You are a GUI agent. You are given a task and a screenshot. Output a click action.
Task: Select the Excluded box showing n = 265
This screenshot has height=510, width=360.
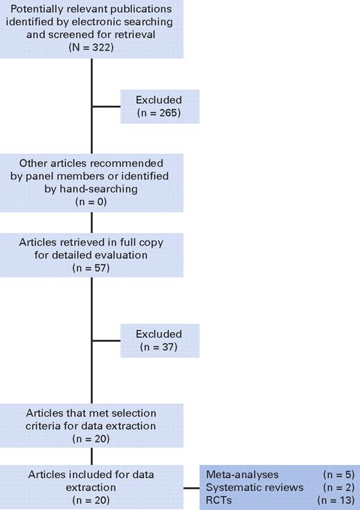coord(159,106)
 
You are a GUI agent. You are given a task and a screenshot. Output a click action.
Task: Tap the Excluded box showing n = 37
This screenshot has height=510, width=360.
coord(159,340)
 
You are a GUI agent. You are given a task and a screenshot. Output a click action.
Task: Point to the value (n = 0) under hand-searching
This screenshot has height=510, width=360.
coord(92,201)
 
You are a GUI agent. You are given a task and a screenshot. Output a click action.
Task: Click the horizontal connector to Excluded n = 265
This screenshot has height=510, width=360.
coord(106,107)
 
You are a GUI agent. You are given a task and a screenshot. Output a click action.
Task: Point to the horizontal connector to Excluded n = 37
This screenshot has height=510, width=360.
coord(106,340)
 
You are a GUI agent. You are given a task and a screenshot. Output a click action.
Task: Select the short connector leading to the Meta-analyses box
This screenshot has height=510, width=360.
coord(192,487)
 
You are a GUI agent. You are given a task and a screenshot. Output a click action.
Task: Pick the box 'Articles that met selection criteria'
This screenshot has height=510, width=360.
coord(92,426)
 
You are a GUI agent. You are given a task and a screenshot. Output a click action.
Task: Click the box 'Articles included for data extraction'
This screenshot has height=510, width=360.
coord(92,487)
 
